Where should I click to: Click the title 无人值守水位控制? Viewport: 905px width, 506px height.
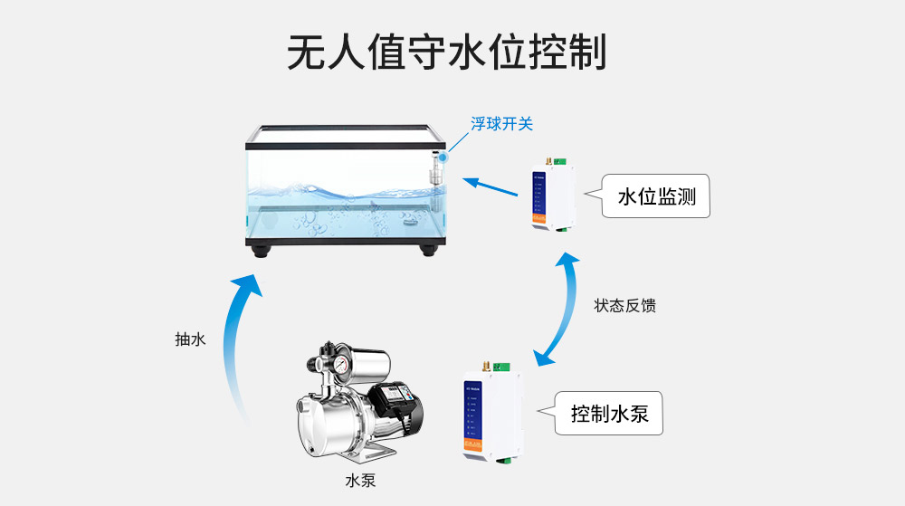(446, 53)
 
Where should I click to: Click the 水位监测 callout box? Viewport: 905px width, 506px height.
(656, 196)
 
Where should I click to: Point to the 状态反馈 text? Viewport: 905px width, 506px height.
(624, 306)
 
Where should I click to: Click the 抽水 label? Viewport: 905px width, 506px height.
(190, 339)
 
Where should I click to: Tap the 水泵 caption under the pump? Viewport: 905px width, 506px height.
(360, 481)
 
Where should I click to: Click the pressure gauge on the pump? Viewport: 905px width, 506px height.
(341, 359)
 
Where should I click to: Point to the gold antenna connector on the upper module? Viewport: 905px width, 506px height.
(548, 160)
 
